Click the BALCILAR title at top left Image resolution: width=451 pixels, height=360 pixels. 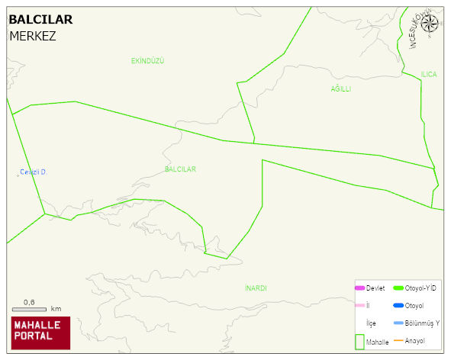pos(40,20)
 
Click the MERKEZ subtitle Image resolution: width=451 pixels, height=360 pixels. pos(32,36)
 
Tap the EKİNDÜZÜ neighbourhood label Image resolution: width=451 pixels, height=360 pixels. pos(147,60)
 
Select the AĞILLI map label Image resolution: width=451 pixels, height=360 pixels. pos(340,89)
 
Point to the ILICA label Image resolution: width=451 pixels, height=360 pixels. pos(429,74)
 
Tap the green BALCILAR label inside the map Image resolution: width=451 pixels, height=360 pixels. pos(180,169)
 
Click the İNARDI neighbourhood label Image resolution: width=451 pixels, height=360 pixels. pos(256,288)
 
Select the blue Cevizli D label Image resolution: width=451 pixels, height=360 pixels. pos(33,172)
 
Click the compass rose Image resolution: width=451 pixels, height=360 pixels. pos(430,24)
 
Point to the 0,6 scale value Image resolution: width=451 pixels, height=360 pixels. pos(29,302)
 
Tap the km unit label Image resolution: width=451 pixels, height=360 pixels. pos(56,309)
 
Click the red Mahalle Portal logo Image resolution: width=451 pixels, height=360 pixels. pos(40,333)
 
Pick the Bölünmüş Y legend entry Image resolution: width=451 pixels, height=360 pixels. pos(422,323)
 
